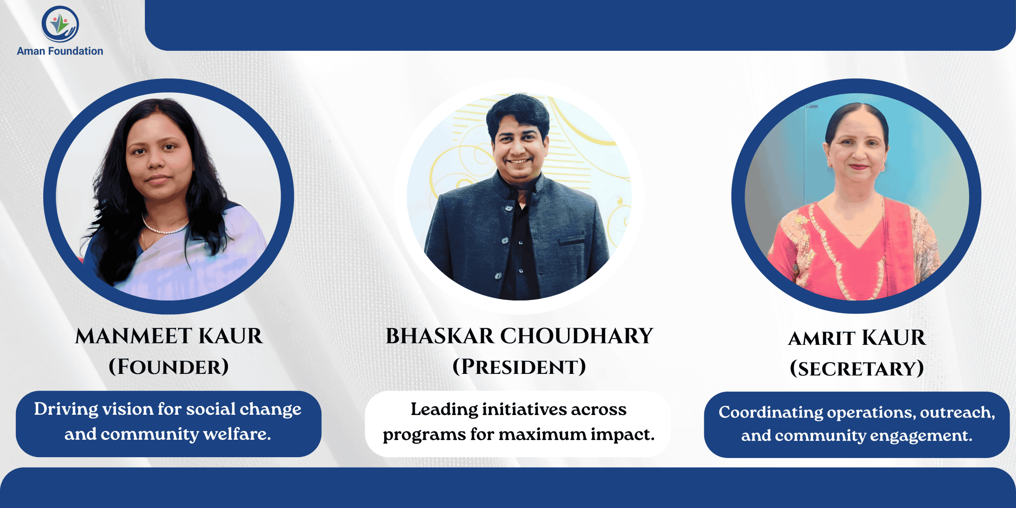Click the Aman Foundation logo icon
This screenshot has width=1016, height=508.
click(60, 24)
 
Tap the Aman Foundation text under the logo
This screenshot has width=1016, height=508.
click(60, 51)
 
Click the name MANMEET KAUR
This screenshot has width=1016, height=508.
click(169, 336)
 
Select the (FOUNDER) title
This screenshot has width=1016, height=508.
click(169, 367)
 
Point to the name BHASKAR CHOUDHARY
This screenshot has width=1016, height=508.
click(519, 336)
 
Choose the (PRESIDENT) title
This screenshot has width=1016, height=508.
click(519, 367)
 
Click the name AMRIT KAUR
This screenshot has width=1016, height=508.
click(857, 338)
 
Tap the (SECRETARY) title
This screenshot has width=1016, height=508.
click(857, 369)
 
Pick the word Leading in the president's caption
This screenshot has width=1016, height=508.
click(444, 410)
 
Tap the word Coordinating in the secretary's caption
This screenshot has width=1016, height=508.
click(771, 413)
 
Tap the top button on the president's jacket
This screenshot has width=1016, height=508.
click(508, 208)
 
